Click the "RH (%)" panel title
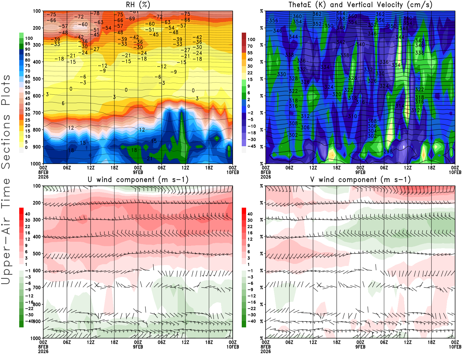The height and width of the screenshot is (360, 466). tap(138, 5)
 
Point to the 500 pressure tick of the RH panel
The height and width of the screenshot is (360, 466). tap(37, 79)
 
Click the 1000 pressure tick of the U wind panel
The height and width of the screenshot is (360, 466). tap(36, 338)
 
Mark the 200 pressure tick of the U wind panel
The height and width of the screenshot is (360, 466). tap(37, 203)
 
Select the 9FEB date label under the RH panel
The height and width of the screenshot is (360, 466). tap(138, 172)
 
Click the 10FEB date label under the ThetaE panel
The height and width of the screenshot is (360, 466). tap(455, 172)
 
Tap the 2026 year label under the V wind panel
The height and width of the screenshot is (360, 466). tap(266, 352)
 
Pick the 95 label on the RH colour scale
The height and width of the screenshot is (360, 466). tap(27, 44)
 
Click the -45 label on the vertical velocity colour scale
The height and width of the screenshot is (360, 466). tap(252, 146)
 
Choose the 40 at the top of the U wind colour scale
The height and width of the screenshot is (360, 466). tap(27, 214)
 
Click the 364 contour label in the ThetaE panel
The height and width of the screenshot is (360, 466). tap(340, 14)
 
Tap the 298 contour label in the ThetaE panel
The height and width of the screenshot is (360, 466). tap(388, 151)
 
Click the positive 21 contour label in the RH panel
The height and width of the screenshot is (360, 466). tap(149, 159)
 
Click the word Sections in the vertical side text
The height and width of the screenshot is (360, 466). tap(6, 141)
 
